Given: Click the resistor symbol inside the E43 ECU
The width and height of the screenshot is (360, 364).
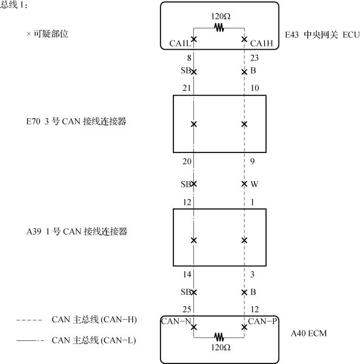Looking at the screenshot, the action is (x=219, y=28).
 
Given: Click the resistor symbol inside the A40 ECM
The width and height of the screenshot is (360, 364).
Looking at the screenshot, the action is (x=219, y=337).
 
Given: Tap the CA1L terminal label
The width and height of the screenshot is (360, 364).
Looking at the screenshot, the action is (x=180, y=44).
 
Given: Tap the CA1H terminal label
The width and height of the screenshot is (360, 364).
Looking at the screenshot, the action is (x=262, y=44).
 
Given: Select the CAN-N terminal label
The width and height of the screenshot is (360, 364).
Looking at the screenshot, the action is (x=176, y=321).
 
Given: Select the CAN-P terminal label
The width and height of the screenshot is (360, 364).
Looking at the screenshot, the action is (x=262, y=321).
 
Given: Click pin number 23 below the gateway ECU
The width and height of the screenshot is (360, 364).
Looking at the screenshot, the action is (x=254, y=58).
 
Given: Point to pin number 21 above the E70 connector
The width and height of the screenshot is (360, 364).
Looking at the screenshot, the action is (x=187, y=88).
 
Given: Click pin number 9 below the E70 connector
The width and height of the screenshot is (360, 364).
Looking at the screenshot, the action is (x=252, y=161).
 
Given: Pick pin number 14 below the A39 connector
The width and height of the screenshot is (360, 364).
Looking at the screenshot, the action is (x=187, y=274).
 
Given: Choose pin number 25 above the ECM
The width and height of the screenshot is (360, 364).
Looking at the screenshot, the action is (x=187, y=309).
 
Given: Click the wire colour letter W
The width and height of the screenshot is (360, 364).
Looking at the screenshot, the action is (x=254, y=184).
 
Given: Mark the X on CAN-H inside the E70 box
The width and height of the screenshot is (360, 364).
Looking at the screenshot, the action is (x=244, y=124).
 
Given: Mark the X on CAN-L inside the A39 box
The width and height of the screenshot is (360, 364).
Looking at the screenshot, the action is (x=194, y=240).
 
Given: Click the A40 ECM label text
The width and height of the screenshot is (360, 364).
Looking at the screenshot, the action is (x=309, y=334).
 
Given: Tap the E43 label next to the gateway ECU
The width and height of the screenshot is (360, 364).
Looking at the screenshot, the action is (x=292, y=35).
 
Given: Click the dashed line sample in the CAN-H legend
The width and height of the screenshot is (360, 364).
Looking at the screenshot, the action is (x=30, y=320).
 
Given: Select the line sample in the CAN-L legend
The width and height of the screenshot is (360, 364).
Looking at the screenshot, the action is (x=30, y=341).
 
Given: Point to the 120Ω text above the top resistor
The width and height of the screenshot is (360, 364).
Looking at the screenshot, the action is (x=221, y=16).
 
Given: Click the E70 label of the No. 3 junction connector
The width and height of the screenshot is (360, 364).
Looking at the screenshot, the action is (x=34, y=121).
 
